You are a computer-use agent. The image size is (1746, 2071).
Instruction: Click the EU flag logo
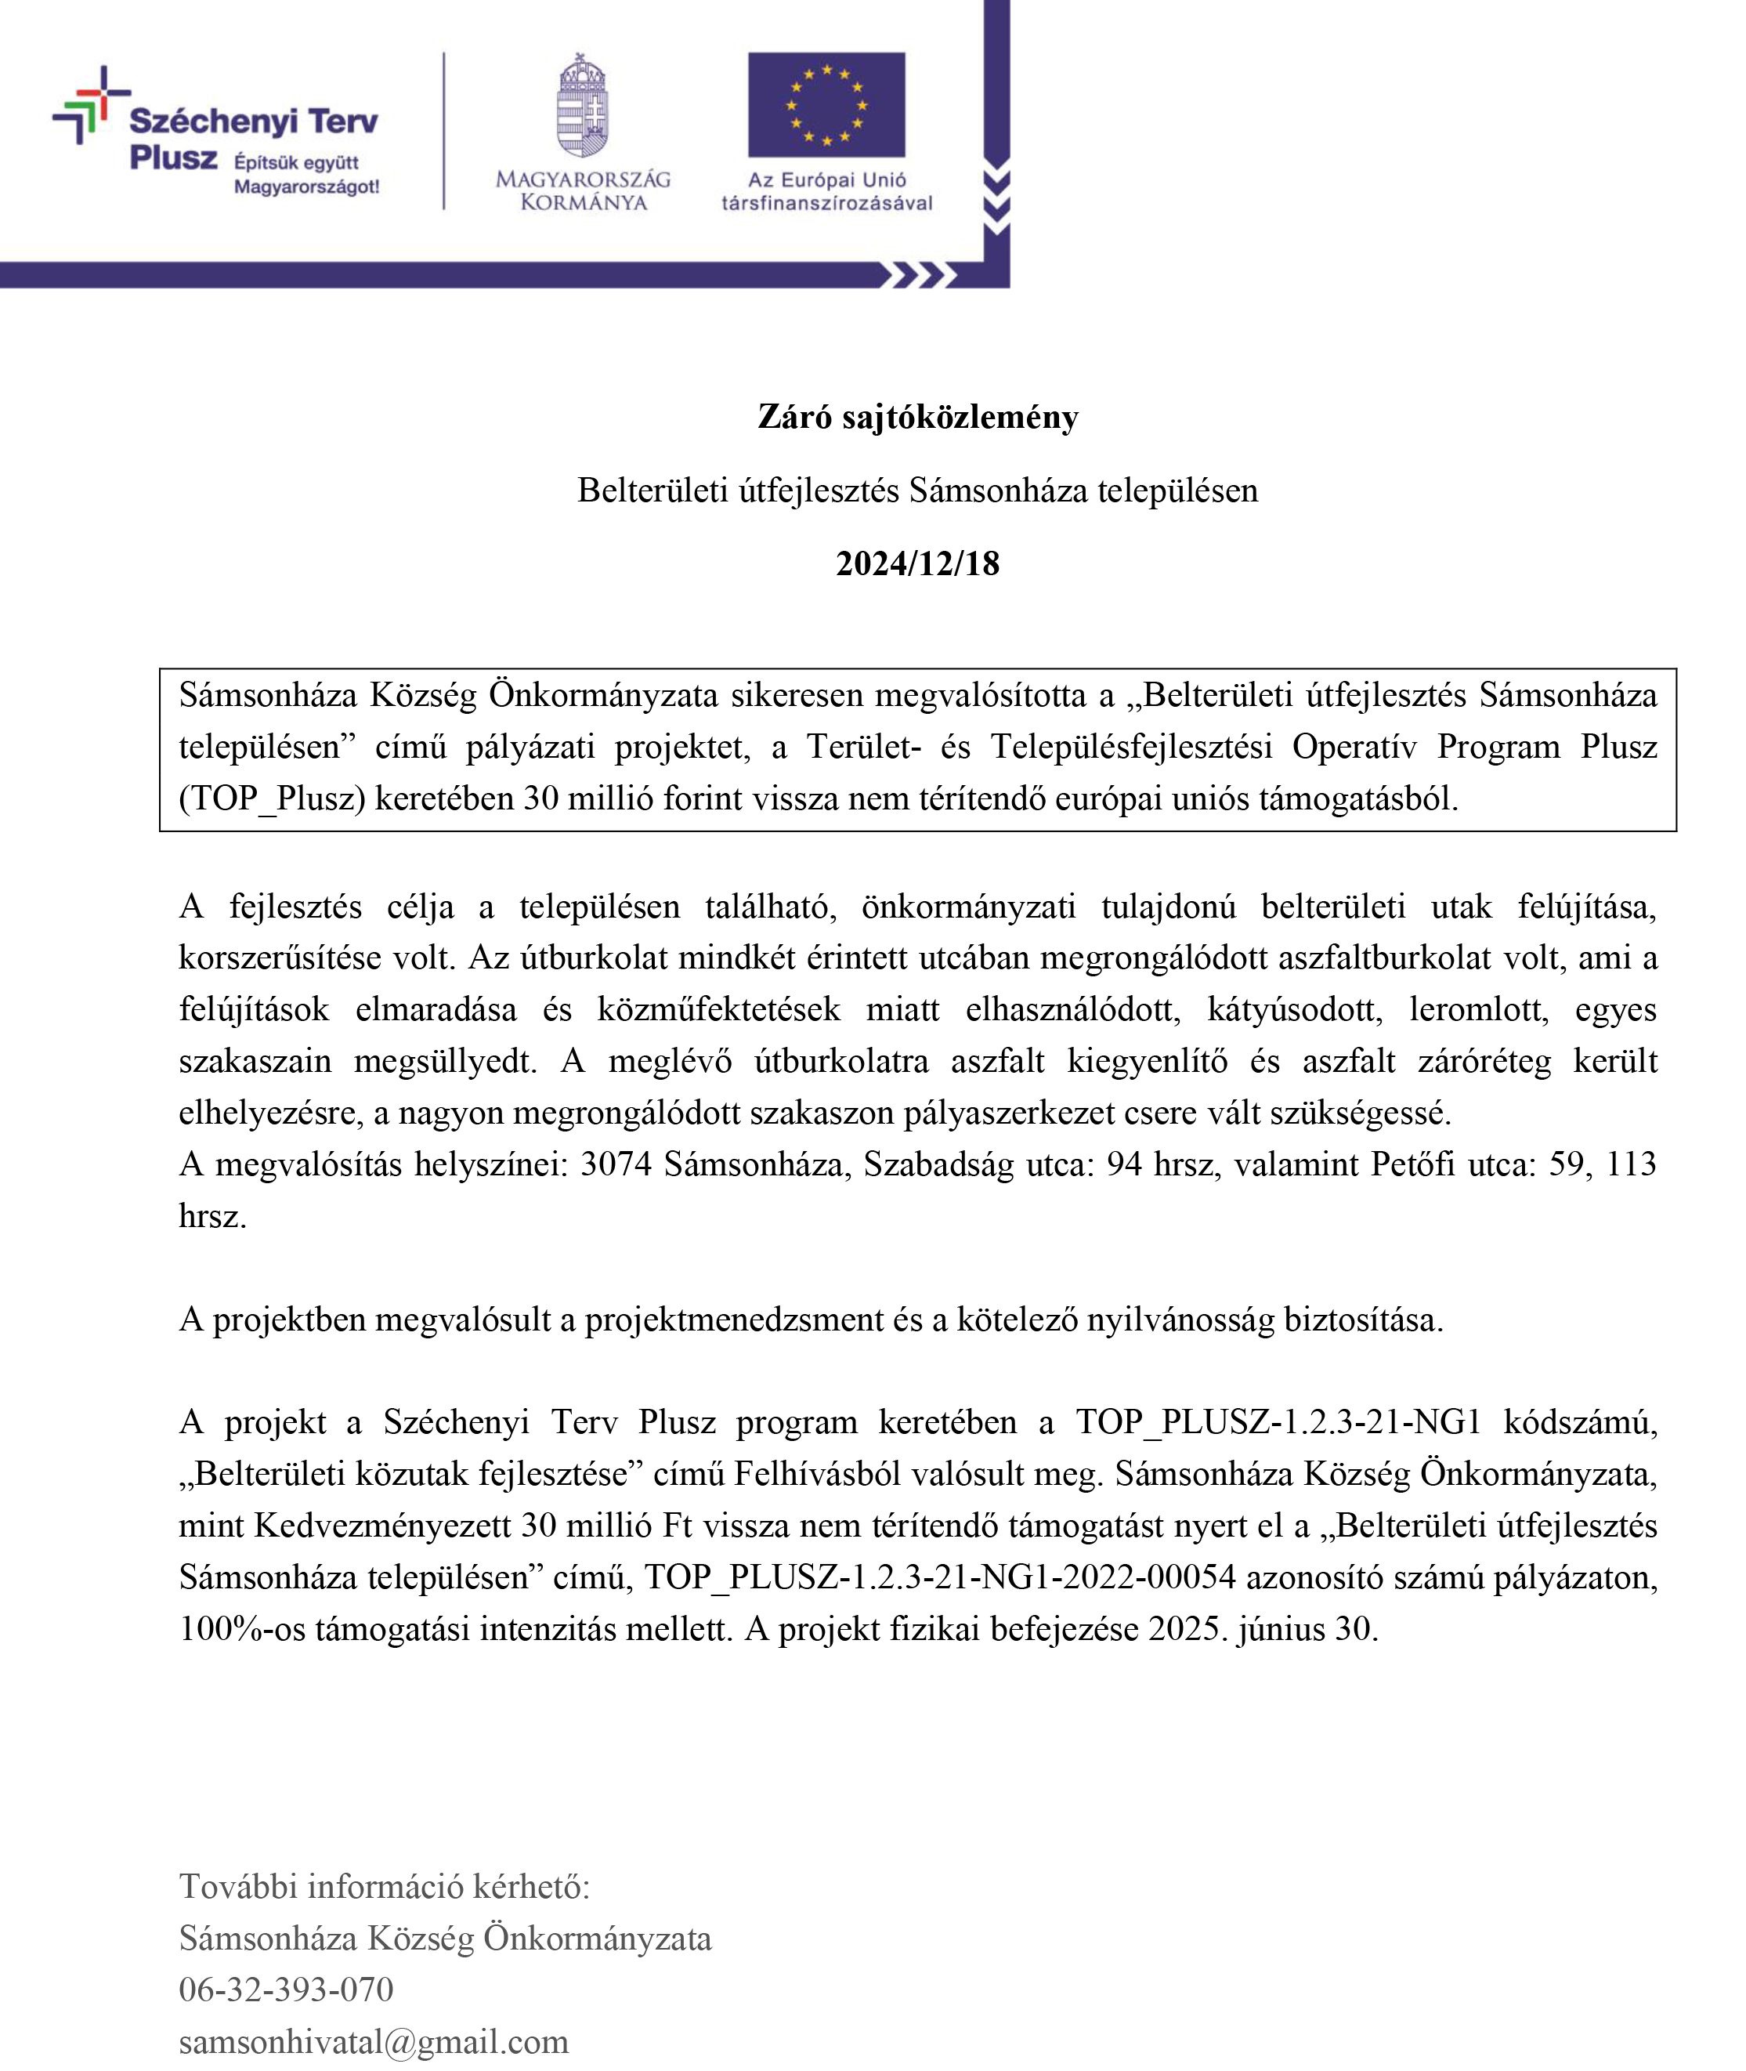(826, 105)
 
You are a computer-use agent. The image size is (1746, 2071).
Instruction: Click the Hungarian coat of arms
(582, 107)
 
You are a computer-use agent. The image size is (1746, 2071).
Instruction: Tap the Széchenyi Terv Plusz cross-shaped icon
(90, 105)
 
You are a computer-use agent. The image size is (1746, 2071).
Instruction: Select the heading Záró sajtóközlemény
(917, 417)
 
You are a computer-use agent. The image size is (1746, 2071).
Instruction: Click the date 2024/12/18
(917, 563)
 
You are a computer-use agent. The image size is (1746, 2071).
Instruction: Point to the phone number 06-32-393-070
(286, 1989)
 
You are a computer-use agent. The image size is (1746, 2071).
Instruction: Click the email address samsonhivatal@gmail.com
(373, 2040)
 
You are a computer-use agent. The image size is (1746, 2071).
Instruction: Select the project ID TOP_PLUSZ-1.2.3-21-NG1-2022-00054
(939, 1577)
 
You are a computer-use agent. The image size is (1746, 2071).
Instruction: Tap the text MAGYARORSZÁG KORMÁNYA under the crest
(583, 191)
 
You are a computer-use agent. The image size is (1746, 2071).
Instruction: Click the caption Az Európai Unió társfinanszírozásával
(826, 191)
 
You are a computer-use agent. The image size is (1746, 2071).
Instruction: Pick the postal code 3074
(616, 1164)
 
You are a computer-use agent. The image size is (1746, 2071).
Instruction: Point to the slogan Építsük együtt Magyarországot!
(305, 174)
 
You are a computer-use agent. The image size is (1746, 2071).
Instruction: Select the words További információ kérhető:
(384, 1886)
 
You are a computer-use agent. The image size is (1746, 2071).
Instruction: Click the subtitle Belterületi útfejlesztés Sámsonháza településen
(917, 490)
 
